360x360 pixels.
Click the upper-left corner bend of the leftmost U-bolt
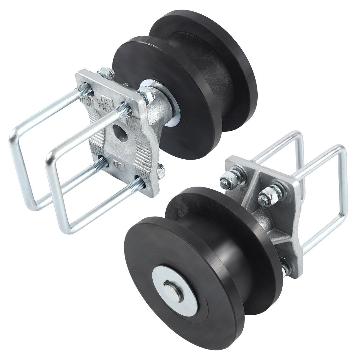pos(15,132)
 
